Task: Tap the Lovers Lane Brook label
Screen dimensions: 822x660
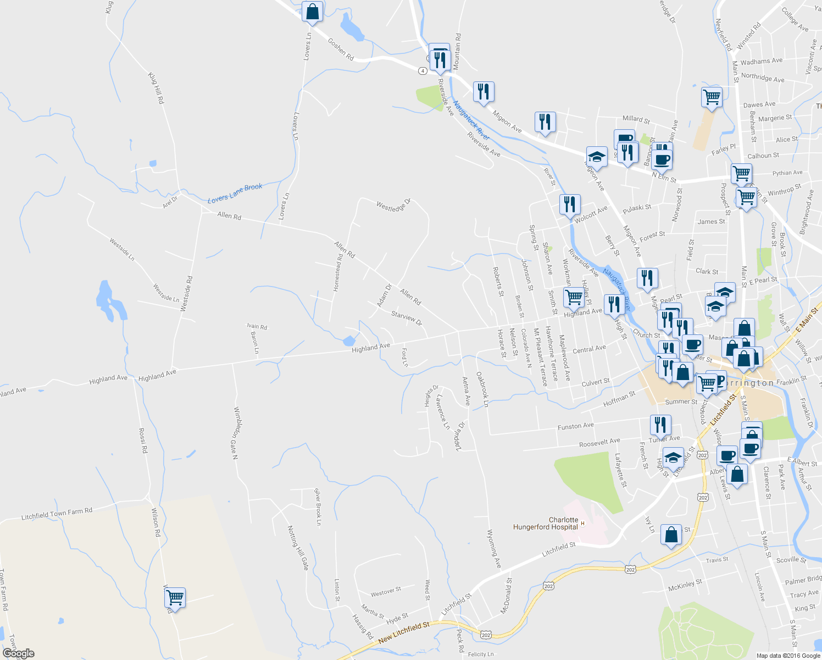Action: tap(235, 193)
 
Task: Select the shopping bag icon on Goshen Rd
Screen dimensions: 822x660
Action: tap(312, 12)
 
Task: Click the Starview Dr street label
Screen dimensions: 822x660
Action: tap(407, 317)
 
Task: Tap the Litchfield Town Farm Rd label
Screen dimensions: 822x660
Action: tap(57, 514)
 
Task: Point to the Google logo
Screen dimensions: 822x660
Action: tap(18, 653)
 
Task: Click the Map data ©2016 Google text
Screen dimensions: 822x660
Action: tap(788, 655)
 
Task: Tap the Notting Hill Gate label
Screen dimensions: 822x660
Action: tap(298, 547)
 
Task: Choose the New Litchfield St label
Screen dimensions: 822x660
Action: tap(404, 632)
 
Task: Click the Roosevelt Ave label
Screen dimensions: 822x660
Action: tap(599, 442)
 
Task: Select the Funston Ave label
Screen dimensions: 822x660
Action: tap(575, 426)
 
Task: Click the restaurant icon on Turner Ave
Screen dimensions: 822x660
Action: tap(660, 425)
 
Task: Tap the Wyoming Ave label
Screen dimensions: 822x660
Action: tap(493, 548)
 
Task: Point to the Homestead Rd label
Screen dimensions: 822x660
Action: tap(338, 272)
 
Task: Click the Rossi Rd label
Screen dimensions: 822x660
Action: tap(143, 440)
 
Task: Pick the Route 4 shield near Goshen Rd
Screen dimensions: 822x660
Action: tap(422, 71)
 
